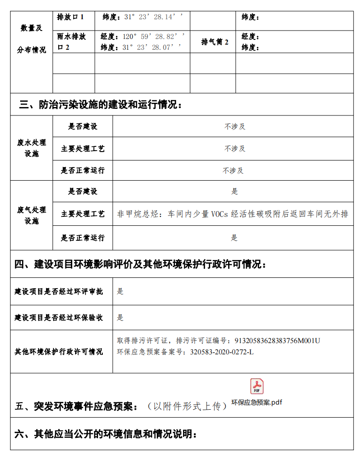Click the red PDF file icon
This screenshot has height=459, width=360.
click(257, 386)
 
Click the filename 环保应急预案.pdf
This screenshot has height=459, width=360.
click(257, 403)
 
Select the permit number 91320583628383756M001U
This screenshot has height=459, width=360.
click(277, 341)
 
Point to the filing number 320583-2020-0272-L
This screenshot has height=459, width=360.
click(222, 352)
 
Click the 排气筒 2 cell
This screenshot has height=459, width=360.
click(215, 42)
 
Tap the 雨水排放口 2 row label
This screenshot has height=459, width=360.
click(70, 42)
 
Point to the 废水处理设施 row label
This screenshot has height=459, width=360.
click(31, 148)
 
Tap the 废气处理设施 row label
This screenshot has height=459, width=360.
click(31, 215)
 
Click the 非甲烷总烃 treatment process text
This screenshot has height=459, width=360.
click(233, 214)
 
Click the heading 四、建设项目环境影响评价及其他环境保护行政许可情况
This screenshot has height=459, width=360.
click(140, 265)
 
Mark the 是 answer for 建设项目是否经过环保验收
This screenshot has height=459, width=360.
click(120, 318)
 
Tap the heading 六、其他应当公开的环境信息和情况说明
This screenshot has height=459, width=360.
click(106, 434)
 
